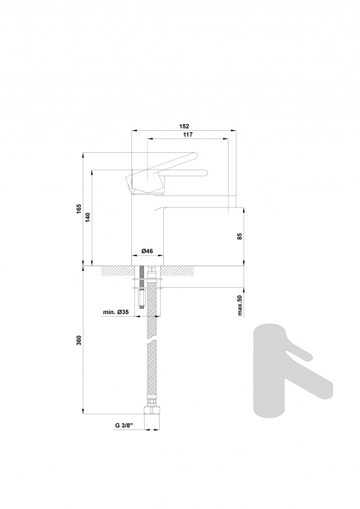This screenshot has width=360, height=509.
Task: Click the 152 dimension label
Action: click(184, 127)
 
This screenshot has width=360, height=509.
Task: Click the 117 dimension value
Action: click(188, 135)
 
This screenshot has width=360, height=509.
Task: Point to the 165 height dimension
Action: click(79, 209)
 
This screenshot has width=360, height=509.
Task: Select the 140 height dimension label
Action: click(88, 217)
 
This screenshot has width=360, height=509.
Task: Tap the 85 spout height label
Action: click(240, 236)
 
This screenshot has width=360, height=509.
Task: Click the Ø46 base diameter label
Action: click(147, 251)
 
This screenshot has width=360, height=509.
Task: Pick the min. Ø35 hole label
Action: click(116, 312)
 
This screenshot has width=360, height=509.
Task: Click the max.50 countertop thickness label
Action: click(240, 306)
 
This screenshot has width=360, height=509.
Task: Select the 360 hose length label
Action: click(79, 340)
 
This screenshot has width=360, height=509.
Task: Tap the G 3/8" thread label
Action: click(124, 426)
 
